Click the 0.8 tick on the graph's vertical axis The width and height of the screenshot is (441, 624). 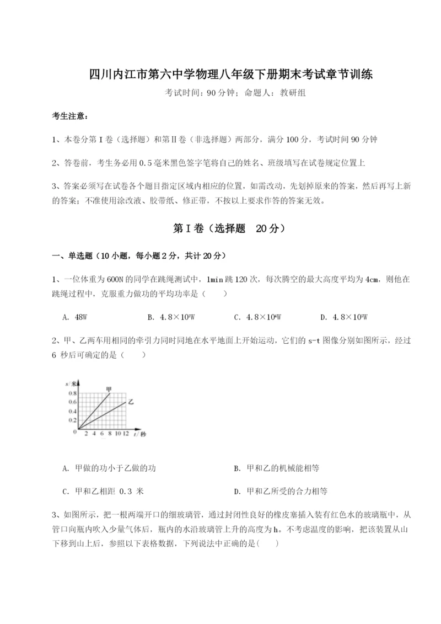73,393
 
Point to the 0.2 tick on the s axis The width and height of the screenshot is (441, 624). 73,420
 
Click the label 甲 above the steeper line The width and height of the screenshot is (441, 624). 109,389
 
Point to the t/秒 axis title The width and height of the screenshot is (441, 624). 139,435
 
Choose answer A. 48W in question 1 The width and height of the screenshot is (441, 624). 75,317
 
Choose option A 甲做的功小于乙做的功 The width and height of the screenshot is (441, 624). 109,468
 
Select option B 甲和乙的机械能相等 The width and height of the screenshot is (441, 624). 276,468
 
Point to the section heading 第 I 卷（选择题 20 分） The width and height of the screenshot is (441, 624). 220,228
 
